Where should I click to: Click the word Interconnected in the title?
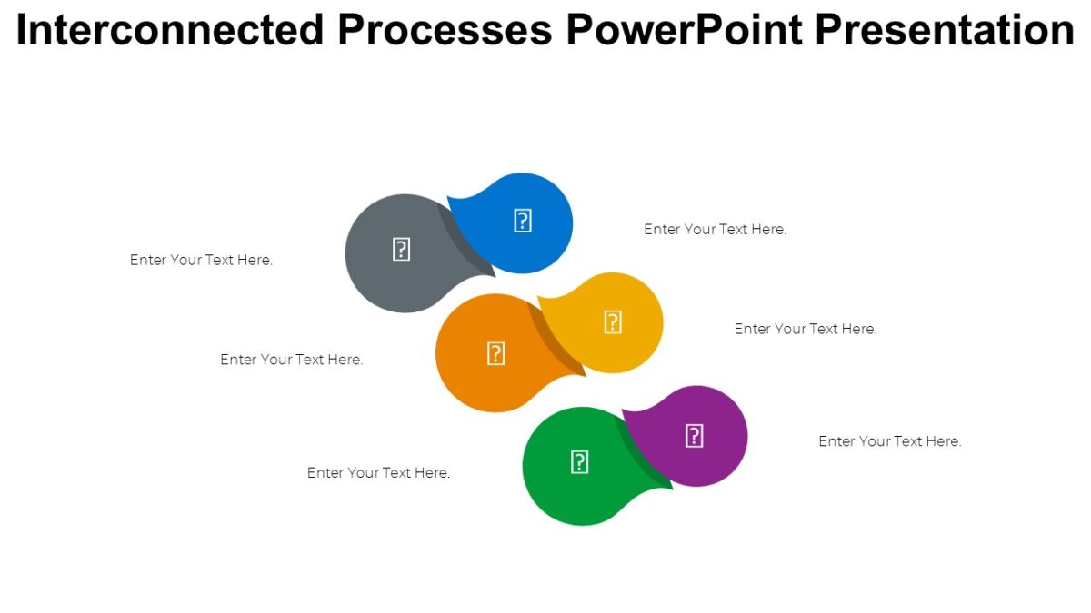[170, 30]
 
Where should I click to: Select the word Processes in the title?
[445, 30]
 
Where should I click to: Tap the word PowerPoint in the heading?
[684, 30]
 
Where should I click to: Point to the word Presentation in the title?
[945, 30]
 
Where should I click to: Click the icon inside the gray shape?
[401, 250]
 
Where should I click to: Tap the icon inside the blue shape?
[523, 221]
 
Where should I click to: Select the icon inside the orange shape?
[495, 353]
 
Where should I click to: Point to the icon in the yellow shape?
[613, 321]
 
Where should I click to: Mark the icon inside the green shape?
[579, 462]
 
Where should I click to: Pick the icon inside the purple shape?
[694, 436]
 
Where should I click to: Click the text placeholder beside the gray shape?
[201, 260]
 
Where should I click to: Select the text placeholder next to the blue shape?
[715, 230]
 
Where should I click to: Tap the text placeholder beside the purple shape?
[889, 441]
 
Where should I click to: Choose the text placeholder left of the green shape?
[378, 473]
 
